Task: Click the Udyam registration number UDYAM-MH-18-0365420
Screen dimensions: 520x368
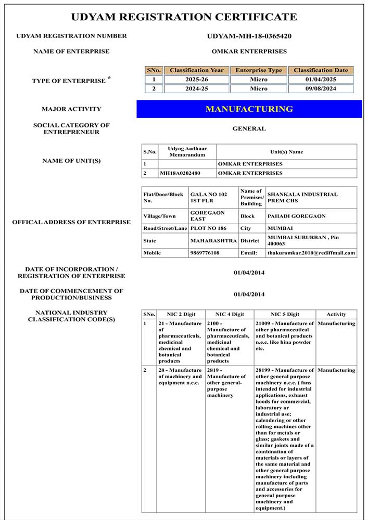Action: pyautogui.click(x=249, y=36)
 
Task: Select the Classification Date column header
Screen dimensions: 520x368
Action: pyautogui.click(x=321, y=70)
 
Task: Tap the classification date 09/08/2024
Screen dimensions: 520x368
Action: pyautogui.click(x=321, y=89)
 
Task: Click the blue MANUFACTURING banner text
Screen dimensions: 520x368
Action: pyautogui.click(x=249, y=109)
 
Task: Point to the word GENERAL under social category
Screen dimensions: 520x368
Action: pyautogui.click(x=249, y=128)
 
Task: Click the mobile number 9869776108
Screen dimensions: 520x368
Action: pyautogui.click(x=205, y=253)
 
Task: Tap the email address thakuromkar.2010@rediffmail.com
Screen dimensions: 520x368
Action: pyautogui.click(x=311, y=253)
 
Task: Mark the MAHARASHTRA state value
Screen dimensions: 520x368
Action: pyautogui.click(x=213, y=241)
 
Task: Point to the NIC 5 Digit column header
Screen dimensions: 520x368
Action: pyautogui.click(x=285, y=314)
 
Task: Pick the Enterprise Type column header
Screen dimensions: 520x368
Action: pyautogui.click(x=259, y=70)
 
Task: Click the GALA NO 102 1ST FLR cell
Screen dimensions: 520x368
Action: pyautogui.click(x=208, y=198)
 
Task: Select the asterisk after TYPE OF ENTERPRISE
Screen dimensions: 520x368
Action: pyautogui.click(x=109, y=78)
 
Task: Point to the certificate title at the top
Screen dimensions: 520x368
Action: pyautogui.click(x=184, y=17)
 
